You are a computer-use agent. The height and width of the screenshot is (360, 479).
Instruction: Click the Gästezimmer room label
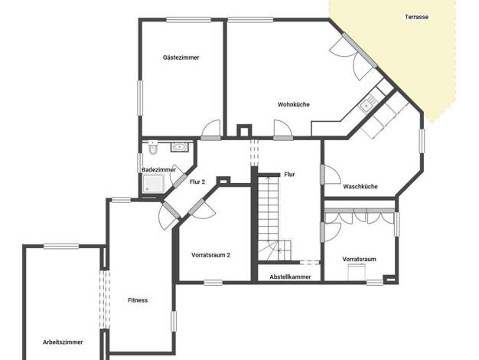point(181,57)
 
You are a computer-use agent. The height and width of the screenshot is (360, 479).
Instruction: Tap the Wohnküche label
point(294,105)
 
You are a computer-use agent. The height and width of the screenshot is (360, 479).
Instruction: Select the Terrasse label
point(416,17)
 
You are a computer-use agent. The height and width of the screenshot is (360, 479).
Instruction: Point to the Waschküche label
point(360,187)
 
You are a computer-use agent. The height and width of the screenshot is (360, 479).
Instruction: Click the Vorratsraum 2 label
point(210,255)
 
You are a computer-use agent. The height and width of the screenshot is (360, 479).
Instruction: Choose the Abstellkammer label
point(290,277)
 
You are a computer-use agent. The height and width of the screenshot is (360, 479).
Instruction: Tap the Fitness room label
point(138,300)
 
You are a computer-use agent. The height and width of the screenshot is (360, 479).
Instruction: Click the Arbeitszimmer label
point(63,342)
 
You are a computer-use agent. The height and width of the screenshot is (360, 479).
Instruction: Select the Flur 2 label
point(197,182)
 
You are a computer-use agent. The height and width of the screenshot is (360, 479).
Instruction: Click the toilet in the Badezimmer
point(153,147)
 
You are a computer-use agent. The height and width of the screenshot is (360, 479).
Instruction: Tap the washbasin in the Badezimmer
point(180,147)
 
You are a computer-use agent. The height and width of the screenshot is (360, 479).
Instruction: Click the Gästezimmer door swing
point(210,129)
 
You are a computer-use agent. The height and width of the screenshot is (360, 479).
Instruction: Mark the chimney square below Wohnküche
point(244,130)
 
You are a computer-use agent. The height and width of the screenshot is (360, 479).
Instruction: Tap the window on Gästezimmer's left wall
point(140,98)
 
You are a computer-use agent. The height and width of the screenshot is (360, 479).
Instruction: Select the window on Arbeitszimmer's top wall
point(61,246)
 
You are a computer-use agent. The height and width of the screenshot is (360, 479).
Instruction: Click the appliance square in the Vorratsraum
point(357,272)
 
